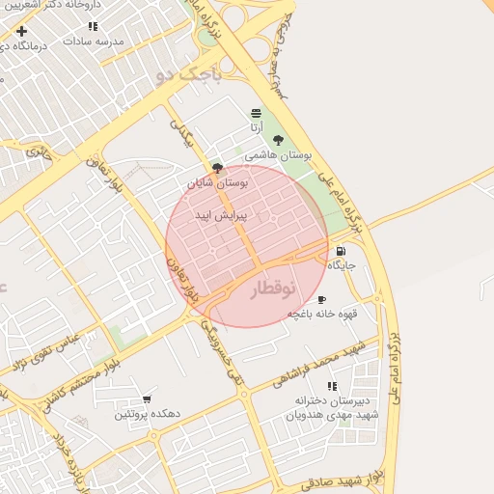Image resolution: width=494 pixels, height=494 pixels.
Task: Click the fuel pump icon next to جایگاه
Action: [x=341, y=251]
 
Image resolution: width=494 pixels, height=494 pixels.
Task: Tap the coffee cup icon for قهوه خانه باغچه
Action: [x=321, y=300]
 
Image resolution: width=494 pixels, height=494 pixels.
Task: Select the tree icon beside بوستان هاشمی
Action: [x=278, y=140]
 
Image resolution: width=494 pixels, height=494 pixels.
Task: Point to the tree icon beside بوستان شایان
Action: [x=217, y=167]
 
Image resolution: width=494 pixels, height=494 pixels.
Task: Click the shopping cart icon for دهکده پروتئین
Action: [x=147, y=399]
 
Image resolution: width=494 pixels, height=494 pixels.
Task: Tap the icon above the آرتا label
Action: [x=255, y=113]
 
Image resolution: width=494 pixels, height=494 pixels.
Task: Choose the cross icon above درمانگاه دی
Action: [x=21, y=32]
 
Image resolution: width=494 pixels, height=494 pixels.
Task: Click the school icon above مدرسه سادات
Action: [x=93, y=27]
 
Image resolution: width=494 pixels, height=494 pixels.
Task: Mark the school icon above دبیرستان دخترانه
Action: [x=332, y=386]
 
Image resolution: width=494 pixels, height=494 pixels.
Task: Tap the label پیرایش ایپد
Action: [x=221, y=215]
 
